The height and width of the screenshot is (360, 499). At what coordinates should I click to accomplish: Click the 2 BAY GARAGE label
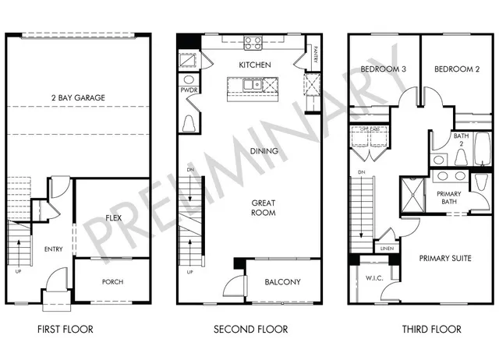click(x=79, y=97)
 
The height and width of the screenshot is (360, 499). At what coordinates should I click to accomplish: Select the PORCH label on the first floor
click(x=112, y=282)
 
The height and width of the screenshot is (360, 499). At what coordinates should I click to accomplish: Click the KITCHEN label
click(x=254, y=65)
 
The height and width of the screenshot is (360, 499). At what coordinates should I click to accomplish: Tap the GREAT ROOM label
click(x=264, y=207)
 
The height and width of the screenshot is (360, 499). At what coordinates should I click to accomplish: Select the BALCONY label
click(x=282, y=282)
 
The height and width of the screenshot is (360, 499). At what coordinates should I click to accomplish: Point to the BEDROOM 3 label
click(x=384, y=69)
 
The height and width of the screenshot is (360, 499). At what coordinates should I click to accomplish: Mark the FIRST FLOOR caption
click(x=65, y=330)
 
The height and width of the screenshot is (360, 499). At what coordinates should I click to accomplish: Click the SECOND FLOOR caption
click(x=251, y=330)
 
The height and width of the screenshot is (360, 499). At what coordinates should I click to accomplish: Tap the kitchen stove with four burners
click(x=253, y=44)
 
